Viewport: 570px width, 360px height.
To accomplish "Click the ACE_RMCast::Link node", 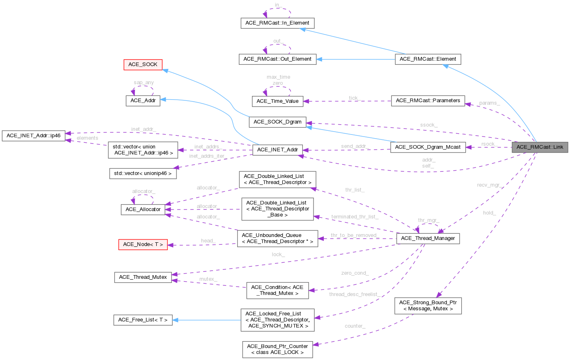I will tap(540, 147).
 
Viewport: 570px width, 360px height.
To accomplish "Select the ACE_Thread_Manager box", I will tap(428, 238).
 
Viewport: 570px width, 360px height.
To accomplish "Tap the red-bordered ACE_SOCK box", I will tap(143, 65).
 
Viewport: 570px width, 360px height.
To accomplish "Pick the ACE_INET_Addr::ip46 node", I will tap(33, 136).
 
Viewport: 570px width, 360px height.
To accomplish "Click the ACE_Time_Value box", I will tap(277, 101).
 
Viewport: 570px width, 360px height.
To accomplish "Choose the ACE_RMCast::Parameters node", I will tap(428, 100).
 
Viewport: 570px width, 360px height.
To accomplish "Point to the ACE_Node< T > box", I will tap(143, 244).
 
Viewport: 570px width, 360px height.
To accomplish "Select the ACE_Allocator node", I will tap(143, 210).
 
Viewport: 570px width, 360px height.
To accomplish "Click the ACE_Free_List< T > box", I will tap(143, 320).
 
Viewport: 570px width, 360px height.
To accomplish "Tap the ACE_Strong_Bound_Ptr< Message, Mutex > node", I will tap(428, 306).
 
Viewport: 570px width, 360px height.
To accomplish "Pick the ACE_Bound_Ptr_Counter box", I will tap(277, 349).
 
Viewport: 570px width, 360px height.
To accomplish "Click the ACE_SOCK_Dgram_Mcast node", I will tap(428, 147).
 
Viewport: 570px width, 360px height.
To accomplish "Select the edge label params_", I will tap(489, 103).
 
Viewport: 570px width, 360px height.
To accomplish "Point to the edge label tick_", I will tap(354, 98).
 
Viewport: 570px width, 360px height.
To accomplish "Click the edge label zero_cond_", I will tap(355, 273).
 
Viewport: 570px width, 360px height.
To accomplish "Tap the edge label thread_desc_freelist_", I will tap(353, 294).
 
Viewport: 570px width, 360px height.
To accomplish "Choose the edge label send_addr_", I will tap(355, 146).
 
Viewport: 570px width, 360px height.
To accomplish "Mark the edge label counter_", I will tap(355, 326).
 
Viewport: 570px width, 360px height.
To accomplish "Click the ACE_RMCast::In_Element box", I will tap(277, 23).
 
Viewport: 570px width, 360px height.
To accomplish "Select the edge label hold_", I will tap(489, 213).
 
